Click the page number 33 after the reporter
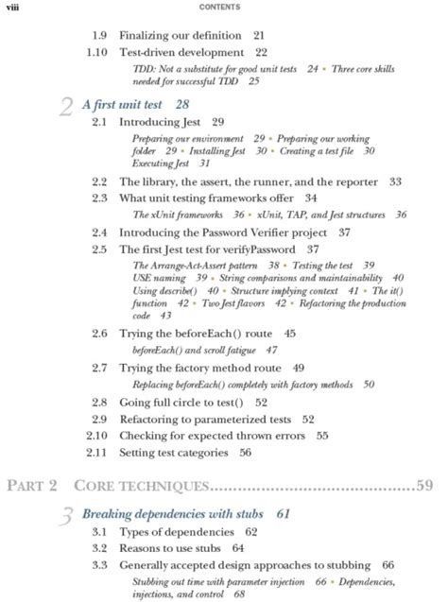coord(395,181)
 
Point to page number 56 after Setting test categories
coord(245,453)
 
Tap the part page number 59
coord(423,486)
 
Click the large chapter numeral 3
coord(67,517)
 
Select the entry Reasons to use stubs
coord(170,547)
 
